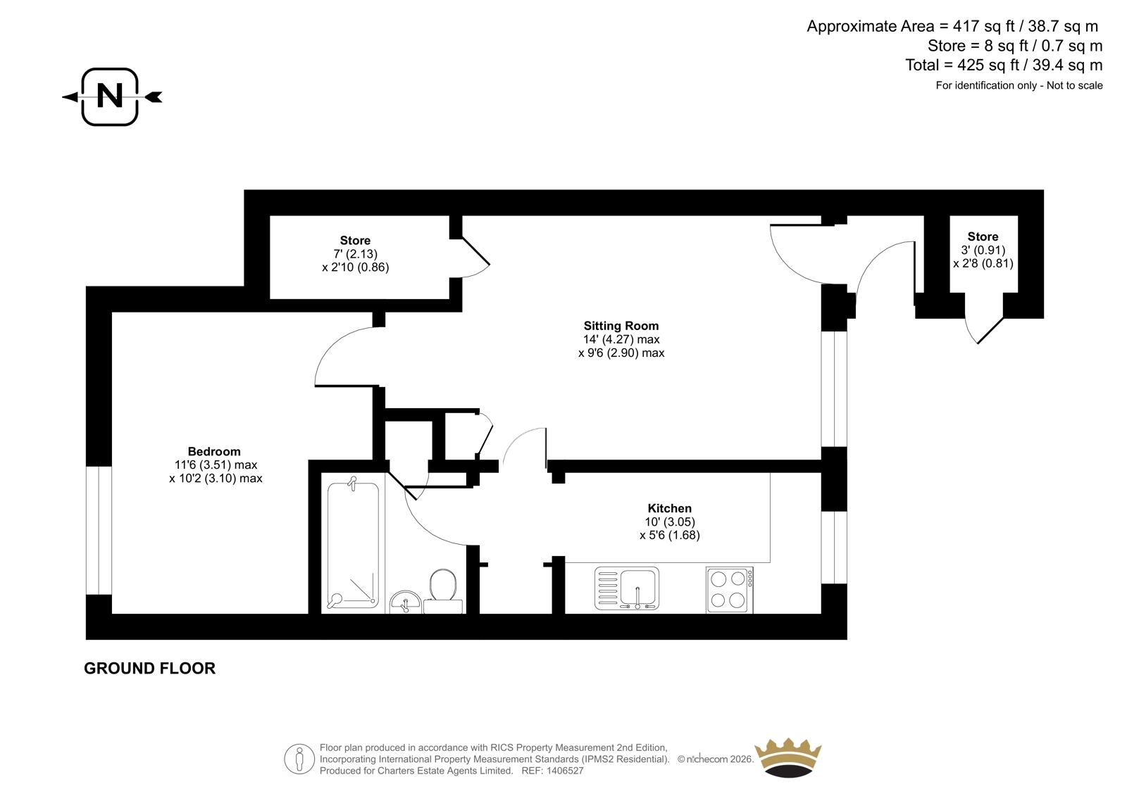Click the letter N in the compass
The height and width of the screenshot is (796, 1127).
110,96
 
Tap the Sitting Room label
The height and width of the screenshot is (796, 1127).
621,326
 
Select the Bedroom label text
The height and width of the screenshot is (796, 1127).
214,452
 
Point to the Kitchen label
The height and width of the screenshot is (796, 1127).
669,508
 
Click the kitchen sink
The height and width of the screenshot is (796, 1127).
627,588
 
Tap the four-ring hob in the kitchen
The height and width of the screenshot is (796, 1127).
730,590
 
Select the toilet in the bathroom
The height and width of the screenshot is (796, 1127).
443,590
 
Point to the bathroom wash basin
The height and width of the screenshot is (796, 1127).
406,602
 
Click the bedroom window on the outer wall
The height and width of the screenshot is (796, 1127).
99,531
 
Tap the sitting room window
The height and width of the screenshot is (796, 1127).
834,388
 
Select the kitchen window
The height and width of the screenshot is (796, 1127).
834,548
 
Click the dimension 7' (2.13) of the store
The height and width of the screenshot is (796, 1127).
355,254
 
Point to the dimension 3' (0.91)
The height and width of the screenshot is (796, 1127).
983,250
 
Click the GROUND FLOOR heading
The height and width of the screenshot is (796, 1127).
149,669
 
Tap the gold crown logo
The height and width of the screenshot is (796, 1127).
788,758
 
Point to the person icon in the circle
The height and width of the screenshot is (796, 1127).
299,759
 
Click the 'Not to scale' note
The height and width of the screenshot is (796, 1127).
1075,86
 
